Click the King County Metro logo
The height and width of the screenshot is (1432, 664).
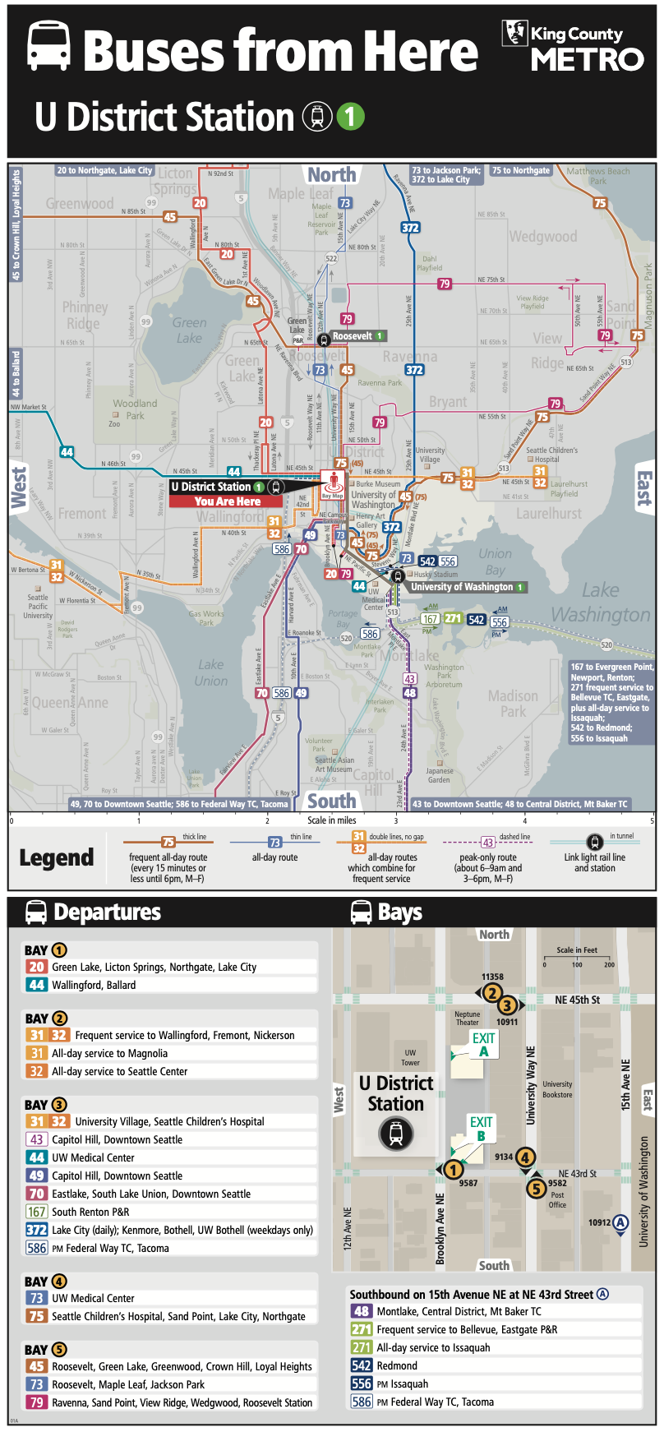(573, 47)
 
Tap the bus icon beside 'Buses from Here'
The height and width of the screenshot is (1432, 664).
(49, 47)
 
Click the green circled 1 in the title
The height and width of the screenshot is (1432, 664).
(350, 117)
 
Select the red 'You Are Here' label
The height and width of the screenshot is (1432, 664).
(228, 501)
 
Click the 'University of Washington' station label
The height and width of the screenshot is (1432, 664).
(462, 587)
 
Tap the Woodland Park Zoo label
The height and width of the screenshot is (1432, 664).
(131, 409)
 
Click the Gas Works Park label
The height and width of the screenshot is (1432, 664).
(206, 617)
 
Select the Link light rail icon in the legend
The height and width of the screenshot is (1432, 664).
(594, 843)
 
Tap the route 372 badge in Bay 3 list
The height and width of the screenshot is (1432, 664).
(37, 1230)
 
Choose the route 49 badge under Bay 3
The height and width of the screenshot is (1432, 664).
(37, 1176)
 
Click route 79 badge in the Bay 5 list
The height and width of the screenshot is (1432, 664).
(37, 1402)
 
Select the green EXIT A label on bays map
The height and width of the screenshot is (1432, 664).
(483, 1044)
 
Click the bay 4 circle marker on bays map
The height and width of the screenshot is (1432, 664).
(525, 1157)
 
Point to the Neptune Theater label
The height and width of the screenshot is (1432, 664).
(467, 1019)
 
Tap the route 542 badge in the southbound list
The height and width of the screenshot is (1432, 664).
(362, 1365)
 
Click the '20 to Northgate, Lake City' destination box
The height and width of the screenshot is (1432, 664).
(104, 171)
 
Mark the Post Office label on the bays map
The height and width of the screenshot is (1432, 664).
(557, 1200)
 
